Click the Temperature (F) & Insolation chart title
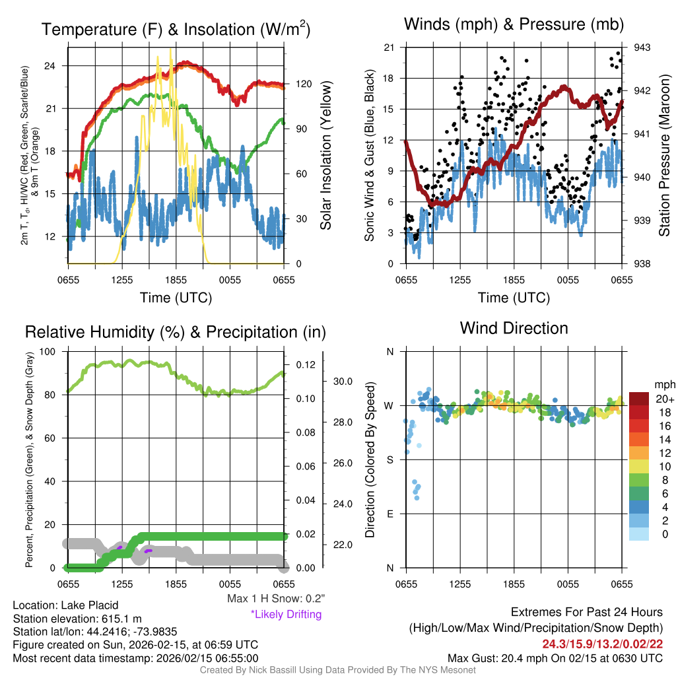(x=176, y=30)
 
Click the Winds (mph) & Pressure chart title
(x=514, y=24)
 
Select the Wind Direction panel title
(x=514, y=328)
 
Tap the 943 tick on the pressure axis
(x=642, y=48)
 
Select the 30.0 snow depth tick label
(x=343, y=382)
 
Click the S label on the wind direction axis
(x=389, y=459)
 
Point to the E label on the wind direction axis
(x=389, y=514)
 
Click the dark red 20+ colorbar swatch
(x=640, y=399)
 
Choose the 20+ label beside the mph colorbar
(x=664, y=399)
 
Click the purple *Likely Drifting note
(x=286, y=615)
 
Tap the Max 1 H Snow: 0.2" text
(x=275, y=599)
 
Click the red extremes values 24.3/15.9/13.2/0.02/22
(x=603, y=644)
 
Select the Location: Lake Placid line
(x=57, y=605)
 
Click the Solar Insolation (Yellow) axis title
(x=325, y=156)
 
